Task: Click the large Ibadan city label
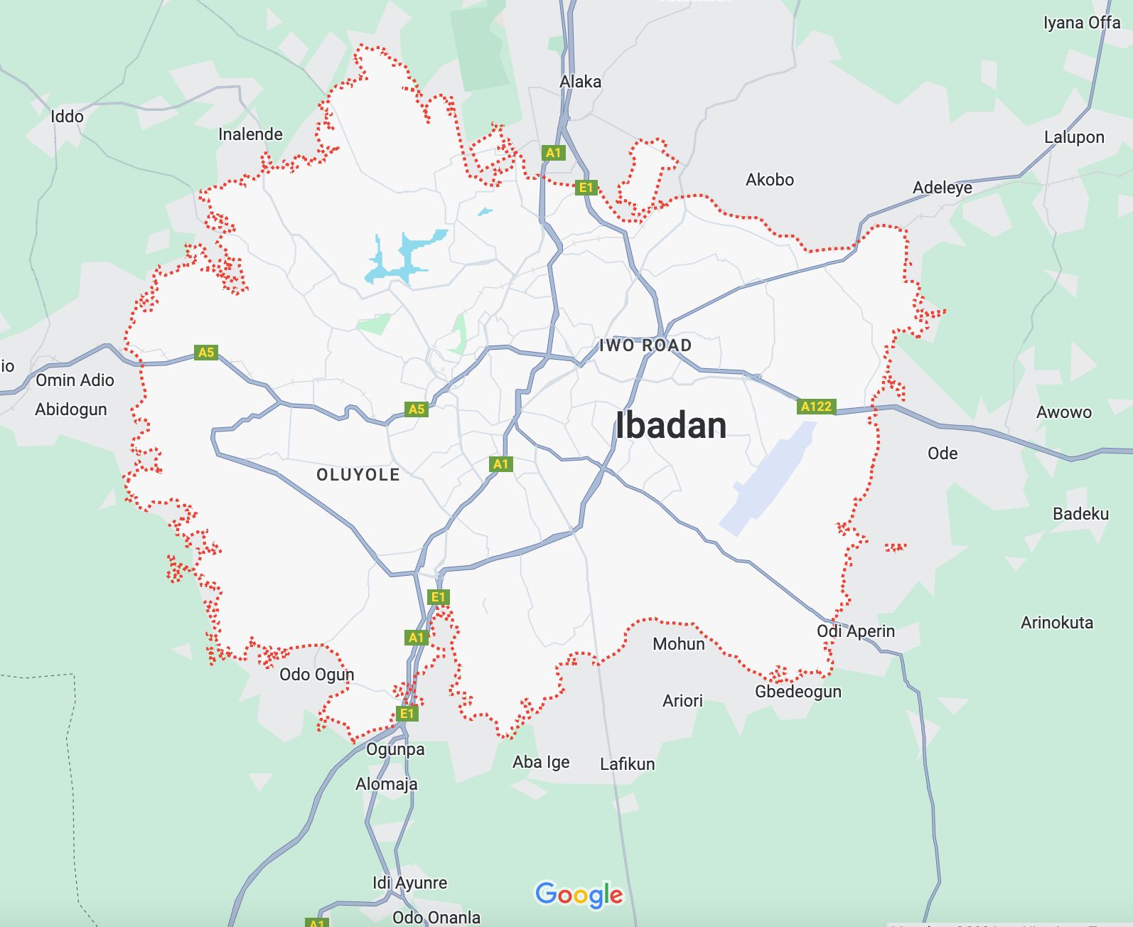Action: pos(670,426)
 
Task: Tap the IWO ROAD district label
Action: pos(645,345)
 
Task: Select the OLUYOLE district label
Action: pos(358,475)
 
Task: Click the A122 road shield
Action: pos(815,407)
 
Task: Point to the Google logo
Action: pos(579,894)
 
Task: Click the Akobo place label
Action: pos(769,180)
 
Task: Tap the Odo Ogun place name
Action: pos(316,675)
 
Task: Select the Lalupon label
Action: pos(1073,137)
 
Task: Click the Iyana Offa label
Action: pos(1081,23)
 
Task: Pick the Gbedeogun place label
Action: pos(798,692)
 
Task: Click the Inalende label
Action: pos(250,134)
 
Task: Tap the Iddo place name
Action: pos(67,117)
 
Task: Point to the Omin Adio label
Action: pos(75,380)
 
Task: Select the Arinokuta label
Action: pos(1056,623)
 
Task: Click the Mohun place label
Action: pos(678,644)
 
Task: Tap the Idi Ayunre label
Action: pos(409,883)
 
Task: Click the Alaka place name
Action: pos(580,82)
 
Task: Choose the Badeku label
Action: pos(1080,514)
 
